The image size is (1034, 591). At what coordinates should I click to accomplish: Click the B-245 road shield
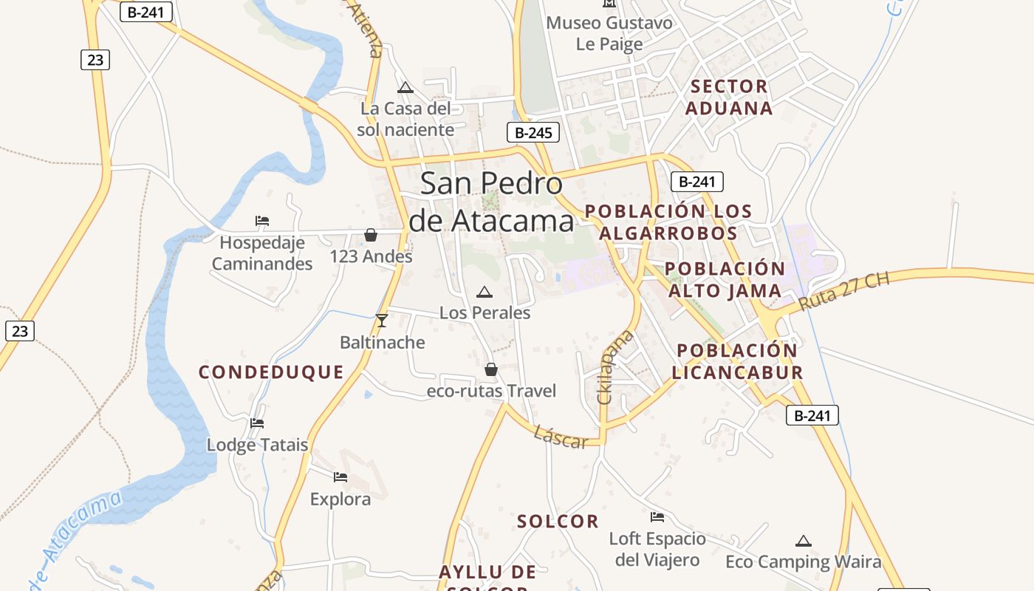pos(533,133)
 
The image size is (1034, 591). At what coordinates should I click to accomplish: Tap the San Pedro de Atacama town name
pos(491,202)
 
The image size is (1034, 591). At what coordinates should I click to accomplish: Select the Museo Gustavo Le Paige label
pos(609,33)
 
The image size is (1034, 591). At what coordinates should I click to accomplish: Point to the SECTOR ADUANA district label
pos(729,98)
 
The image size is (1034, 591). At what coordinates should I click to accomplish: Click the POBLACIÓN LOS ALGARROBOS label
pos(668,222)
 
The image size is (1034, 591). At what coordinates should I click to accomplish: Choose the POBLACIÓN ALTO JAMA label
pos(724,279)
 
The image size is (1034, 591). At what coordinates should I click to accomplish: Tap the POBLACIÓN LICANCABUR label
pos(737,361)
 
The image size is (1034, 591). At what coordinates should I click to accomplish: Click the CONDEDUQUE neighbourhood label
pos(271,372)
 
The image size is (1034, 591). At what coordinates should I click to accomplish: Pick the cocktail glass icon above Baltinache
pos(382,320)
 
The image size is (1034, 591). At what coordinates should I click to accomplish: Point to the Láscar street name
pos(561,437)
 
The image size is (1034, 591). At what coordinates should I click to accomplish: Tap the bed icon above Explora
pos(340,477)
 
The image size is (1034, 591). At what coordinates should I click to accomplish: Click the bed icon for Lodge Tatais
pos(257,423)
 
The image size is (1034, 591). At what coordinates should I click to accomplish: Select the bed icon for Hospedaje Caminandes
pos(262,220)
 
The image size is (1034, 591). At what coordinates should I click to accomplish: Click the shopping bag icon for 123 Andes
pos(371,235)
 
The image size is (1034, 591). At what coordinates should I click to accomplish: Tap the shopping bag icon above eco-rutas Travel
pos(490,369)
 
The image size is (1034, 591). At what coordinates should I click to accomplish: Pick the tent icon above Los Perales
pos(485,292)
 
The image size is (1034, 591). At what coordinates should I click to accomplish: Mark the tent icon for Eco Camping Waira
pos(804,541)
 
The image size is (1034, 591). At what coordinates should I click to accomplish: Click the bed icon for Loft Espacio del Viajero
pos(657,517)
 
